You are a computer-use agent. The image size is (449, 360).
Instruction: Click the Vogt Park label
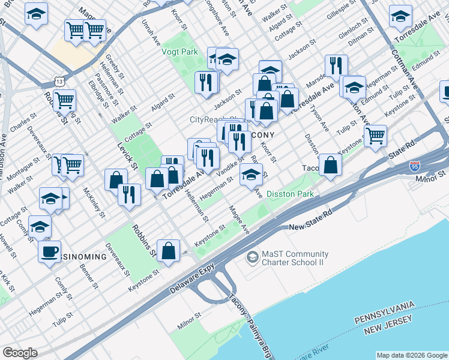pos(180,52)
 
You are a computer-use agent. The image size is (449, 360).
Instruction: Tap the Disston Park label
pos(289,194)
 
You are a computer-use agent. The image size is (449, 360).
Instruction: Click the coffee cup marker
pos(49,251)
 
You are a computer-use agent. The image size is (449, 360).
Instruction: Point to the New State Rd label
pos(311,227)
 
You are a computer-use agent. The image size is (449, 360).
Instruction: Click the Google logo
pos(20,353)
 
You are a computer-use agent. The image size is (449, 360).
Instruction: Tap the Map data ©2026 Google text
pos(411,355)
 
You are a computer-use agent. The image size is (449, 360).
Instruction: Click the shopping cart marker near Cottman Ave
pos(375,135)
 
